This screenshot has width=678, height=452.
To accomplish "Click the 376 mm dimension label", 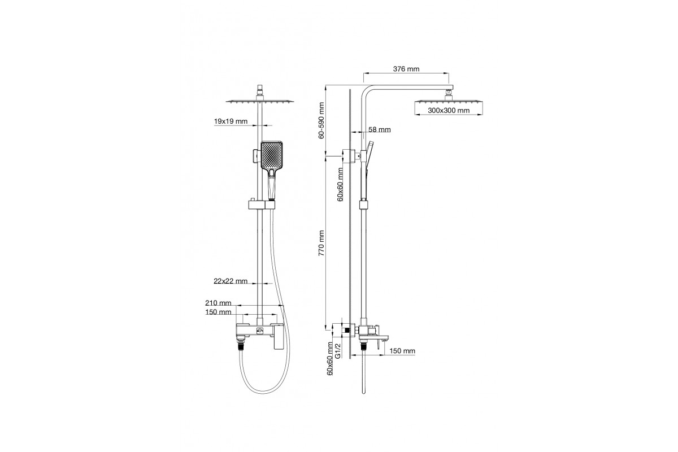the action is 406,69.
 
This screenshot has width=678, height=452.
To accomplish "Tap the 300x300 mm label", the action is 449,111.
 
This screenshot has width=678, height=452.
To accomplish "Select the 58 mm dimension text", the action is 380,130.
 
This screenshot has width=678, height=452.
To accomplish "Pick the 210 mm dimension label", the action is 218,303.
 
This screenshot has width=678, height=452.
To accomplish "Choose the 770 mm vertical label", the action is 321,244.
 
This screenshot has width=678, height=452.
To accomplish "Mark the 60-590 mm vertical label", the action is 321,120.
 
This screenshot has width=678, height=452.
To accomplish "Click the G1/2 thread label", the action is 338,351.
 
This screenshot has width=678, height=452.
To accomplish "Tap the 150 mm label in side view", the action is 402,351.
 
